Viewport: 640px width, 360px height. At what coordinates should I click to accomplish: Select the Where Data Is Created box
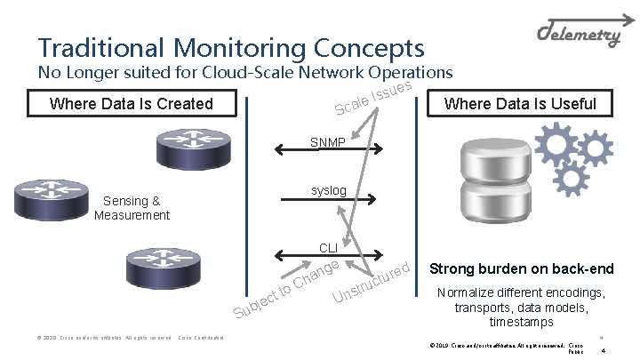pos(132,104)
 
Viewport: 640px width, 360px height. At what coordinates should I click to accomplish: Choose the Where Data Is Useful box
pos(520,104)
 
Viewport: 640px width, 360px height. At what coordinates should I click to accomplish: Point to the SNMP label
pos(328,142)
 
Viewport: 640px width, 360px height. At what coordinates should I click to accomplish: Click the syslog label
pos(328,191)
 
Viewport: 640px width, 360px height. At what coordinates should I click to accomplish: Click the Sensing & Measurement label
pos(132,208)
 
